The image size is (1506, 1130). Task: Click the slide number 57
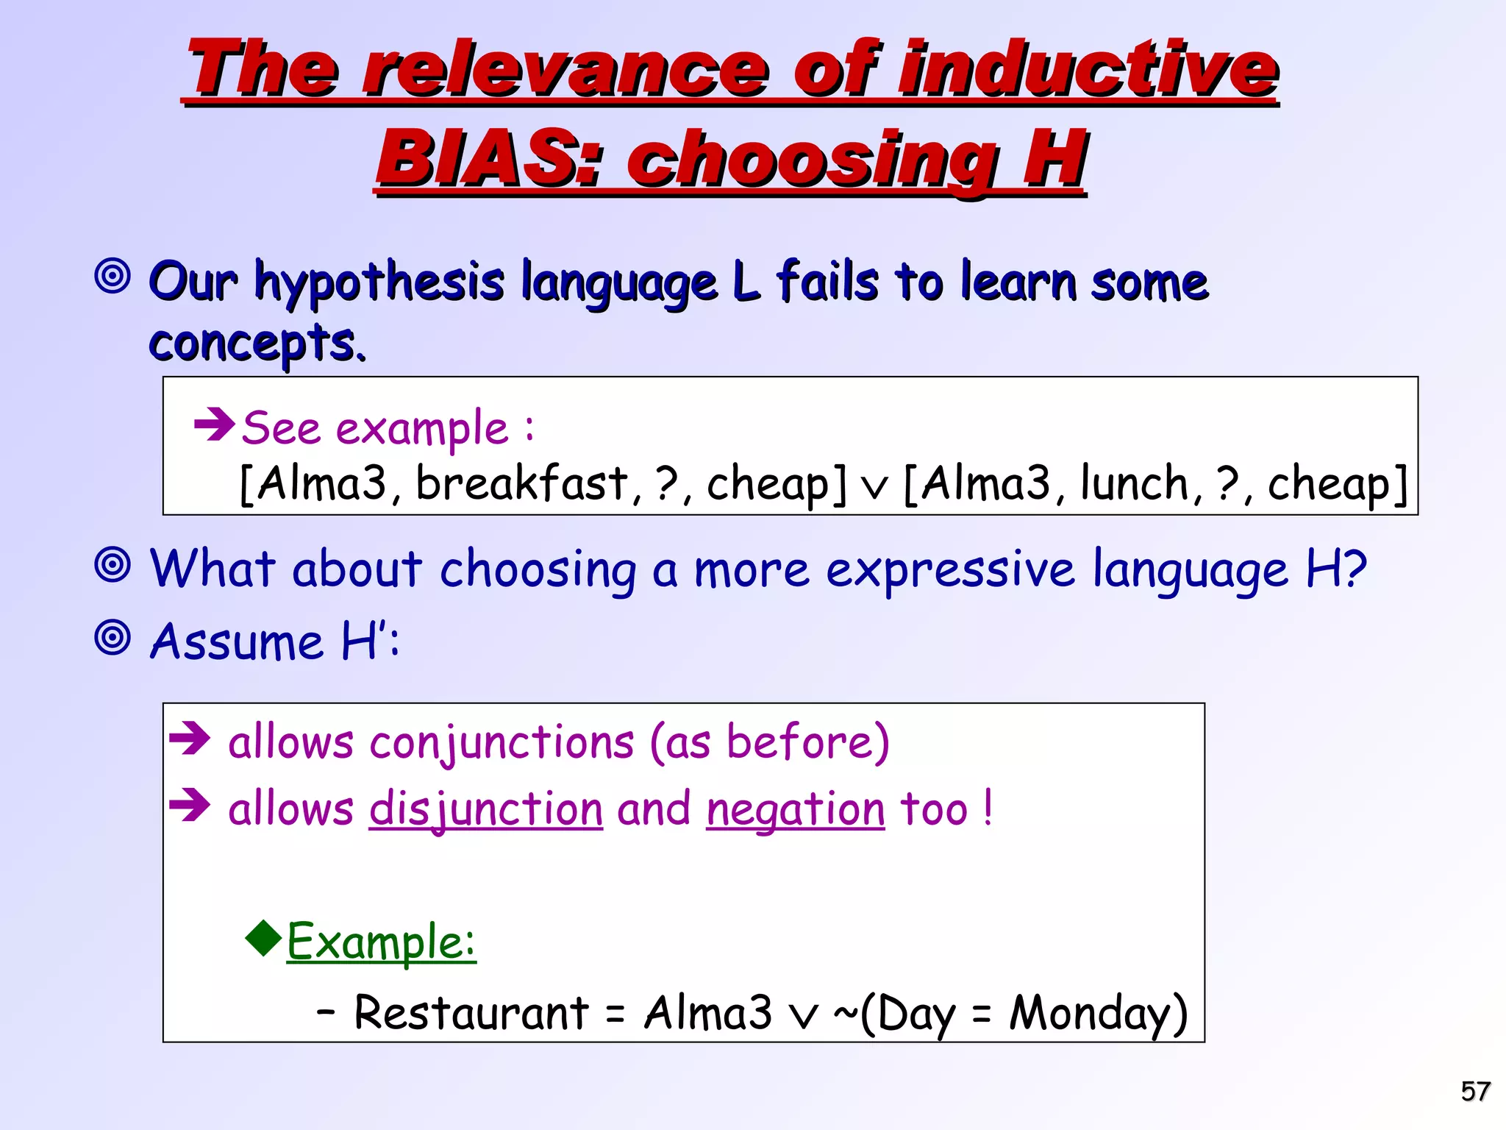pos(1475,1090)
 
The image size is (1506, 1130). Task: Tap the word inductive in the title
pos(1089,69)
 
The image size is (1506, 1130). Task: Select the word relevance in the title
pos(566,69)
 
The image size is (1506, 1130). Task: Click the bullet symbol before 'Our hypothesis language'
pos(113,277)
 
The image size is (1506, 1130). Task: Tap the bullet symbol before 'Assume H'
pos(113,638)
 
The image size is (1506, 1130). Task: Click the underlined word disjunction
pos(485,809)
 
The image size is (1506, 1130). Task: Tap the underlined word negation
pos(795,809)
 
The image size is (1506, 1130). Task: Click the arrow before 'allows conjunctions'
pos(190,739)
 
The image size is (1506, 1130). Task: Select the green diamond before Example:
pos(263,937)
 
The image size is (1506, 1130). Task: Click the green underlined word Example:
pos(381,942)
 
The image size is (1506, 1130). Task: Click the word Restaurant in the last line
pos(471,1012)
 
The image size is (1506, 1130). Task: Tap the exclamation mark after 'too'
pos(988,808)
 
